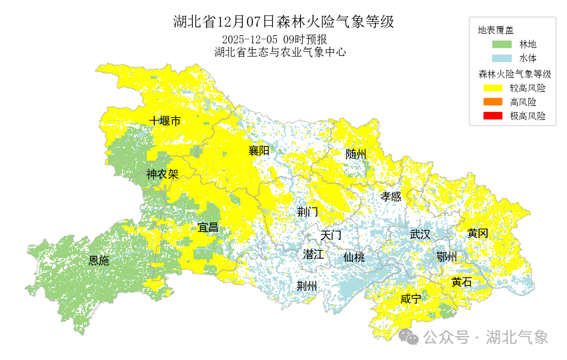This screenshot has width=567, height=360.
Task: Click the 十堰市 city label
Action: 165,121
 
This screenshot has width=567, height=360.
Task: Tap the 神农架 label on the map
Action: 162,175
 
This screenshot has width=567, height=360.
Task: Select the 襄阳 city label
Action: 259,151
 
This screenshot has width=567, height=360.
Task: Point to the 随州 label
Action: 356,154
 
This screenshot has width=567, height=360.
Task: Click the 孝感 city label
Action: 391,196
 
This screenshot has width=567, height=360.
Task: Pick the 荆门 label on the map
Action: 308,212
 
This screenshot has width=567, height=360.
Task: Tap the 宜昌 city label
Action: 208,227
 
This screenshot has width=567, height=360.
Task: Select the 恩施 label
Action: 99,261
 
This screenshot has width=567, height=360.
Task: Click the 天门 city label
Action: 331,235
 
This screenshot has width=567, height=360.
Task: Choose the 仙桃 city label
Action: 354,257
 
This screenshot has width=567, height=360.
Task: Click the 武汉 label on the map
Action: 420,234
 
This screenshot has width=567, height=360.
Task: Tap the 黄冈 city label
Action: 478,233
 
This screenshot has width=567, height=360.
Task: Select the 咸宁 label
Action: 411,299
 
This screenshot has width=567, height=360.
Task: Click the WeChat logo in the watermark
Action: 409,337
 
